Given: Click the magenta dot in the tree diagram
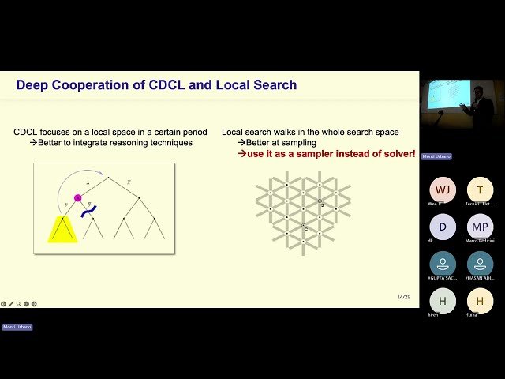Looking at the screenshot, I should [x=77, y=197].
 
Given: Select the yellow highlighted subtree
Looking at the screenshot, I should [x=63, y=230].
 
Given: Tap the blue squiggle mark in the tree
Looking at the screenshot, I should [x=88, y=211].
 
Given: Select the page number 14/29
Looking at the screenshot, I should [x=403, y=297].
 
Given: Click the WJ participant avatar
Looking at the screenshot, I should [x=443, y=190].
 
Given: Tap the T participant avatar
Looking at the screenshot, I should [x=480, y=190].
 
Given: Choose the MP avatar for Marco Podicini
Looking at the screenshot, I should [x=480, y=227].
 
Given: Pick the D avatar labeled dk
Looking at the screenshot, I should [x=443, y=227].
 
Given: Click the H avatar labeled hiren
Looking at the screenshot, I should [x=443, y=301].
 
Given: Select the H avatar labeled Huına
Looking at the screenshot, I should [x=480, y=301].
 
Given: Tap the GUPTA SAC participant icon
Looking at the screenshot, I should [x=443, y=264].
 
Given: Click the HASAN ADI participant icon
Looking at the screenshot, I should [x=480, y=264].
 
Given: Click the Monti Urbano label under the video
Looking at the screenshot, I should [x=436, y=156].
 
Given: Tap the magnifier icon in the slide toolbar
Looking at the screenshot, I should [x=18, y=303].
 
